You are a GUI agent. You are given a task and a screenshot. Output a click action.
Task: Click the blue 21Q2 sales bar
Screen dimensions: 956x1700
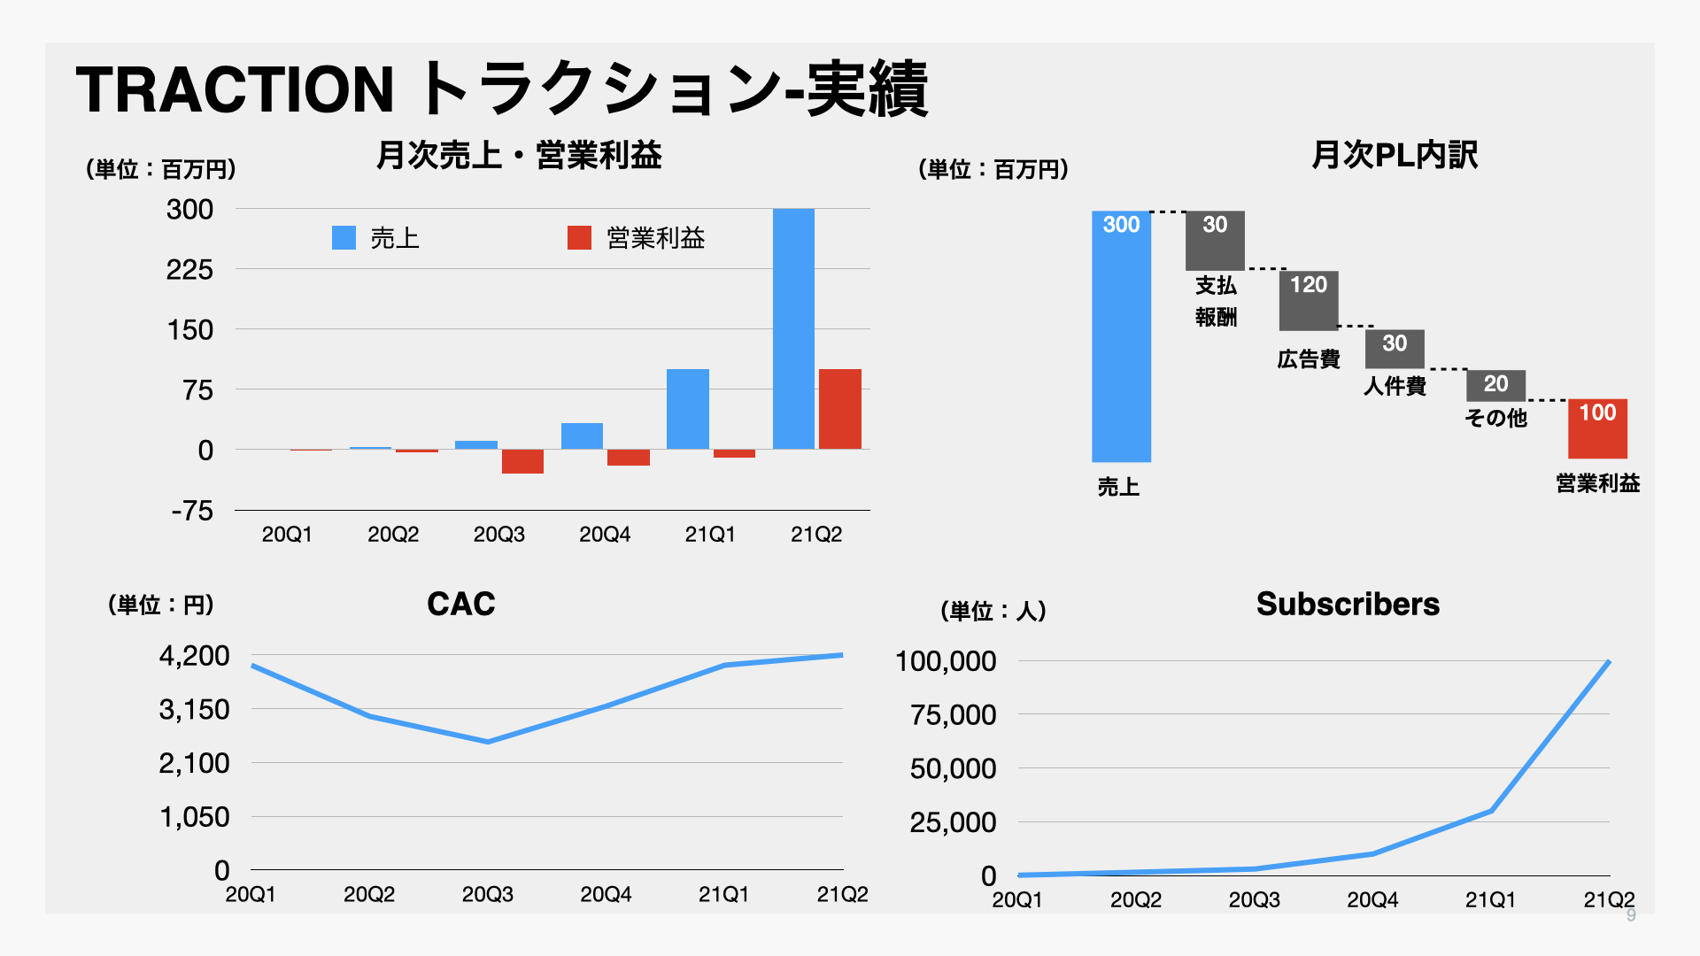coord(793,329)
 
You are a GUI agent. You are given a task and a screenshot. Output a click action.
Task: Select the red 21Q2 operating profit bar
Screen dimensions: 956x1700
coord(839,409)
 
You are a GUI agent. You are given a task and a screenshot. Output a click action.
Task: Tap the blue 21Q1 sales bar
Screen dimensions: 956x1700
coord(688,409)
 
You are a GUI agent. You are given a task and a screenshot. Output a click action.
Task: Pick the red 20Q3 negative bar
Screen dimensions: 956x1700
coord(522,461)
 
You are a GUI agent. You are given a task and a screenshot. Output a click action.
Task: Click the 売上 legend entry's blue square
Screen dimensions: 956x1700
coord(344,237)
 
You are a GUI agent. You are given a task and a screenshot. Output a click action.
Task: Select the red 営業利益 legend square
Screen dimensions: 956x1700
coord(579,237)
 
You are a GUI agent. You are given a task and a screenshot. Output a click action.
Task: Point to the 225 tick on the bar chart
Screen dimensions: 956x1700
coord(189,270)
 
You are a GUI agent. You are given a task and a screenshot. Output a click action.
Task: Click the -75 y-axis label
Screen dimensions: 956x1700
coord(192,511)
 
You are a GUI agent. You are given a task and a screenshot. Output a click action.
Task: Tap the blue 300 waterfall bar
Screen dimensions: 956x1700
coord(1121,336)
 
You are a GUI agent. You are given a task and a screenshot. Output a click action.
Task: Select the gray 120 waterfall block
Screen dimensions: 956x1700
coord(1309,300)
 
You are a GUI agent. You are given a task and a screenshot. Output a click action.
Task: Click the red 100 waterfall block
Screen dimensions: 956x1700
coord(1597,428)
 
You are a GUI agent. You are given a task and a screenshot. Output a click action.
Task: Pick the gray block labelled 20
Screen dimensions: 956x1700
coord(1495,385)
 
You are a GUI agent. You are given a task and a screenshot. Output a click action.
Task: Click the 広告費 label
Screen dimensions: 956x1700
coord(1309,359)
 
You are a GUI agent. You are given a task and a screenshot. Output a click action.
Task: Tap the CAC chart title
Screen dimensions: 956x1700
coord(460,605)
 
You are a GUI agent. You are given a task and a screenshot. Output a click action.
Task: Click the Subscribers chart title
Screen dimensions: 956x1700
coord(1348,605)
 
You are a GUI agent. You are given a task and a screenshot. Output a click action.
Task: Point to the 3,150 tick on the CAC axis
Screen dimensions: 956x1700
coord(194,710)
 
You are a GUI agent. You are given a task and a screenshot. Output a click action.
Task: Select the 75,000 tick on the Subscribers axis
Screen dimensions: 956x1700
coord(953,715)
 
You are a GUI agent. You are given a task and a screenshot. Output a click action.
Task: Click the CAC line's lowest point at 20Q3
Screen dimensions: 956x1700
coord(488,742)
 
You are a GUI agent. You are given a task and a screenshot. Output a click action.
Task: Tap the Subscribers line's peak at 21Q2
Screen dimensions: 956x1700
coord(1608,661)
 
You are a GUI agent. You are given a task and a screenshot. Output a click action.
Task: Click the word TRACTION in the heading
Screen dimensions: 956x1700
coord(235,90)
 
